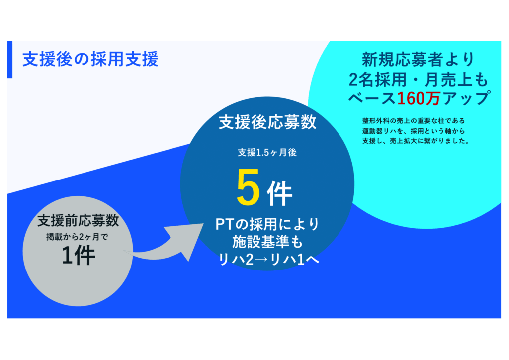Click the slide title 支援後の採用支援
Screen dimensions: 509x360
90,59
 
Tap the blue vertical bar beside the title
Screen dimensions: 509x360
10,59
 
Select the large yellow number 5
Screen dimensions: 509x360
248,187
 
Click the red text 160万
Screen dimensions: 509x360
419,98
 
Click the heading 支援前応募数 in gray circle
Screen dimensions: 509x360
78,221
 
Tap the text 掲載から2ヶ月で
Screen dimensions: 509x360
77,237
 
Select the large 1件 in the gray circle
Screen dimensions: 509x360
78,256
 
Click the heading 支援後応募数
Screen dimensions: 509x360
267,122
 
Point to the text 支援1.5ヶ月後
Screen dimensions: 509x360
267,152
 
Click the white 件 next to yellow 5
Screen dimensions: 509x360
279,194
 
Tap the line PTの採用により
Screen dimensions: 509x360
267,224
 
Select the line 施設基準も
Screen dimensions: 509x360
267,242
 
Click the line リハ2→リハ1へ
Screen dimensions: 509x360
268,260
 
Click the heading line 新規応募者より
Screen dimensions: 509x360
419,59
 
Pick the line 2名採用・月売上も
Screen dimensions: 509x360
419,79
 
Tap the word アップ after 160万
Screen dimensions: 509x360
465,98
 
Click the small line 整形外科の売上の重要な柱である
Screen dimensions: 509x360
414,121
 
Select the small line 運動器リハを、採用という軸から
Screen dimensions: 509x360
414,131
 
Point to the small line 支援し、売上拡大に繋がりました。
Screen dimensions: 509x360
416,141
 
